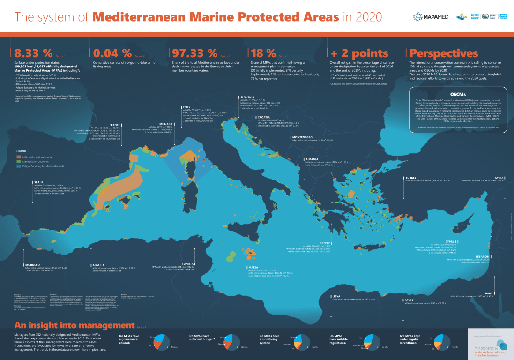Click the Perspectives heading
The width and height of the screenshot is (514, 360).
pos(443,53)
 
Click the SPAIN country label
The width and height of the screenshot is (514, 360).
pos(39,182)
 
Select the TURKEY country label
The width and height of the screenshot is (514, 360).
pos(411,178)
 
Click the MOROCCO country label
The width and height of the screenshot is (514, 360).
pos(32,264)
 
